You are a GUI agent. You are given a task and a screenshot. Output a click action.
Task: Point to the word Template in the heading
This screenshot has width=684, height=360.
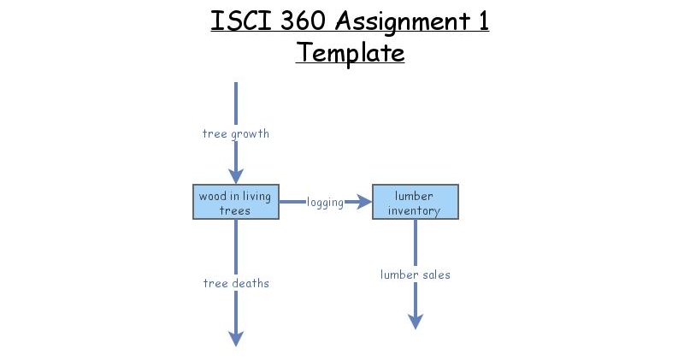tap(350, 53)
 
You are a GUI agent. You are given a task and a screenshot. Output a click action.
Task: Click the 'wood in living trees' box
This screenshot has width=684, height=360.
tap(235, 202)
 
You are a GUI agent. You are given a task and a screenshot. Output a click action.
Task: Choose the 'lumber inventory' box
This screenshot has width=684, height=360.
tap(415, 202)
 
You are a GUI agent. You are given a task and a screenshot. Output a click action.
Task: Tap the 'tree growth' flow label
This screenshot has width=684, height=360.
tap(235, 133)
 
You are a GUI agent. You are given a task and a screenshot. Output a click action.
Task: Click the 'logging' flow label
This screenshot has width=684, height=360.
tap(325, 203)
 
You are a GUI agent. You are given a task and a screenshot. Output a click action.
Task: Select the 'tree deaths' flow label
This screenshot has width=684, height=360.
tap(235, 283)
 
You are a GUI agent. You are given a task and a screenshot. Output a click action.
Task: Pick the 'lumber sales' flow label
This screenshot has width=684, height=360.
tap(415, 274)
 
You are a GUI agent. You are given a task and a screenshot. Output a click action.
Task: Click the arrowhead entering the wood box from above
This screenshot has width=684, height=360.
tap(235, 175)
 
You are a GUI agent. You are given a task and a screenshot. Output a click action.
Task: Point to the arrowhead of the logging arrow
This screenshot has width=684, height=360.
tap(365, 202)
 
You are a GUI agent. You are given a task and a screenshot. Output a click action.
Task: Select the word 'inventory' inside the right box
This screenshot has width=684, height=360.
tap(415, 210)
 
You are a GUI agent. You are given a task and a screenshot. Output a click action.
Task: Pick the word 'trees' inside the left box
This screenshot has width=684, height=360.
tap(235, 210)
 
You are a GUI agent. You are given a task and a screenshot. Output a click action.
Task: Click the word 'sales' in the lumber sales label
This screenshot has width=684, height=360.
tap(435, 274)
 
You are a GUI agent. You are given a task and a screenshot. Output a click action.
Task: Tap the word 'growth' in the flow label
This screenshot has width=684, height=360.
tap(250, 133)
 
